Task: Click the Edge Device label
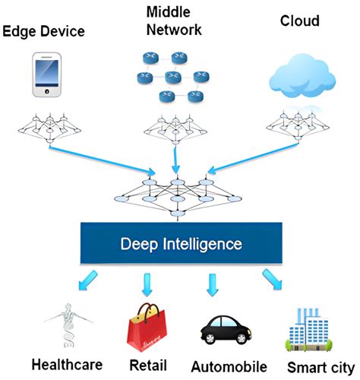(x=43, y=31)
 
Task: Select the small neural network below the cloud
(x=302, y=123)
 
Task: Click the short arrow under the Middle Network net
(x=176, y=160)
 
